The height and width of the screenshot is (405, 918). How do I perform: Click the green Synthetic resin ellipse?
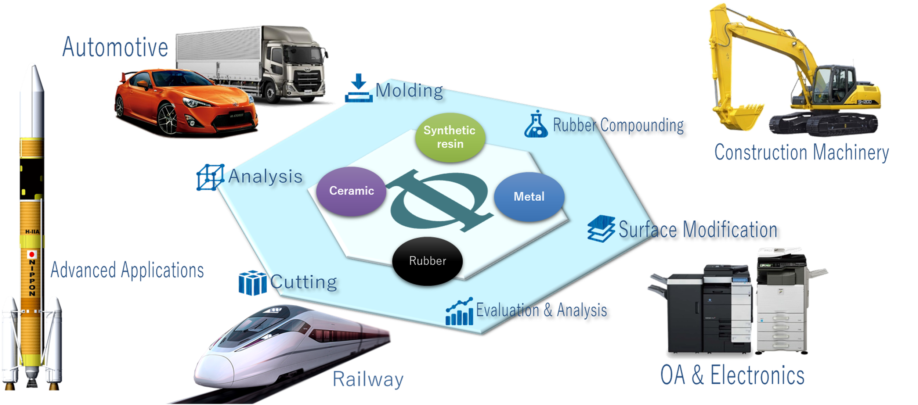point(450,137)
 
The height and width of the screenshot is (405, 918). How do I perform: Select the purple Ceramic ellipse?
point(351,191)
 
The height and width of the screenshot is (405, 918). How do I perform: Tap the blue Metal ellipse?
point(529,197)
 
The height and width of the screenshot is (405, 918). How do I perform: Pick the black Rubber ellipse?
point(427,261)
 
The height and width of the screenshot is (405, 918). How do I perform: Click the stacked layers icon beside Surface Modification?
point(601,228)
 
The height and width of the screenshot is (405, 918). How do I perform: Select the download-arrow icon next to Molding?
point(358,89)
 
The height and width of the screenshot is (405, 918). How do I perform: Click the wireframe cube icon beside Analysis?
point(210,177)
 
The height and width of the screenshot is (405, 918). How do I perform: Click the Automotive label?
point(115,48)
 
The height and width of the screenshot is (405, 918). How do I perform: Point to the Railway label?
point(368,379)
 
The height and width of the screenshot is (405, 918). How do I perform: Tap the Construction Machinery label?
point(802,153)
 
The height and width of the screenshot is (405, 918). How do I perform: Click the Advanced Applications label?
point(127,270)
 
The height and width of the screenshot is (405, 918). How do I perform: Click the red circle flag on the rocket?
point(32,254)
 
